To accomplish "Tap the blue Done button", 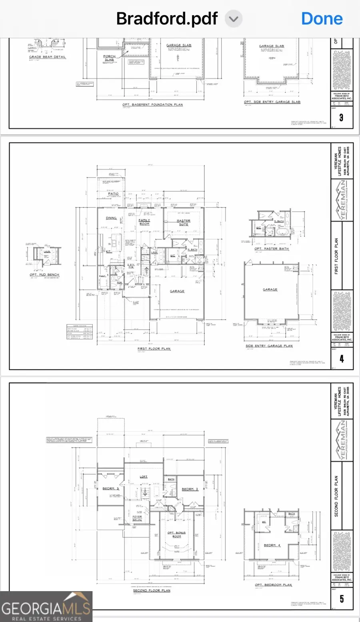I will [x=322, y=19].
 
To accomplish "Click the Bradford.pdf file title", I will [x=167, y=19].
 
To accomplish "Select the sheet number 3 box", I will [x=341, y=117].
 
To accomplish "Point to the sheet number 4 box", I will [x=341, y=359].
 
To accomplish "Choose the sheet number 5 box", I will [x=341, y=599].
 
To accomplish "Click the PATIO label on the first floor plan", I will [x=113, y=194].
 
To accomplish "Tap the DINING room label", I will [x=111, y=218].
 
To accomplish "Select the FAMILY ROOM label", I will [x=144, y=222].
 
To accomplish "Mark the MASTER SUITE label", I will [x=184, y=222].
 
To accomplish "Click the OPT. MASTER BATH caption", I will [x=272, y=249].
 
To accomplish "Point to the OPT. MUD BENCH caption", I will [x=44, y=275].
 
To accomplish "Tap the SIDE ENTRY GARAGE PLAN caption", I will [x=269, y=346].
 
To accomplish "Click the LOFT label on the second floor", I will [x=144, y=477].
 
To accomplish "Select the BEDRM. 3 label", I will [x=110, y=489].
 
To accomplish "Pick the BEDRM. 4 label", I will [x=272, y=545].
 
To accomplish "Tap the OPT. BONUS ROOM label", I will [x=176, y=534].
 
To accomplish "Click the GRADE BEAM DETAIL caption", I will [x=47, y=57].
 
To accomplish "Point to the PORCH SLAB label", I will [x=109, y=58].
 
